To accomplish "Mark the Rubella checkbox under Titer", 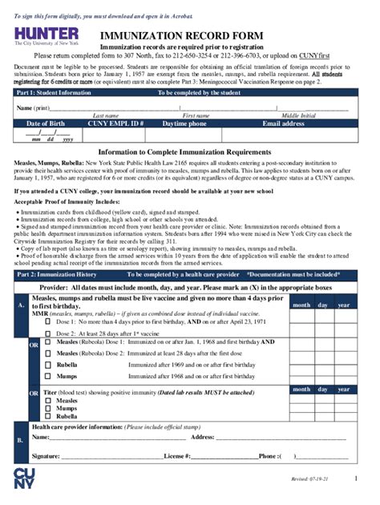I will tap(48, 417).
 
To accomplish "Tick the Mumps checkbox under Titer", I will tap(48, 408).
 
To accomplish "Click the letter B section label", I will tap(20, 440).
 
